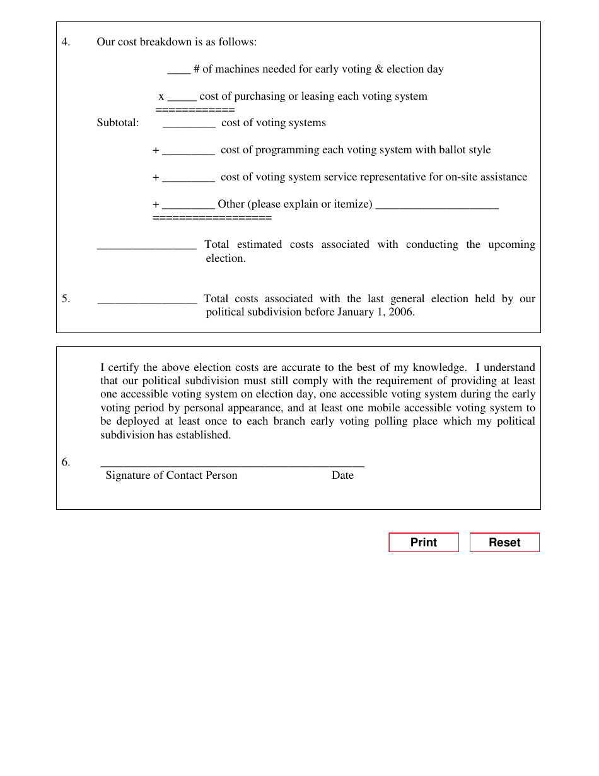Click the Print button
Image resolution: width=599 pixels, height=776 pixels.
click(423, 543)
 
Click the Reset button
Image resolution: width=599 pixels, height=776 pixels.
click(504, 543)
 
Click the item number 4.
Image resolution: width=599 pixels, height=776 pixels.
click(66, 42)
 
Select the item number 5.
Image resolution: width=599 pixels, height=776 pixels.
click(66, 299)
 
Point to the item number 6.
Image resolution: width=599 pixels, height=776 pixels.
click(66, 462)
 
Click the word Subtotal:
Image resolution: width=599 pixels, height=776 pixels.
click(118, 123)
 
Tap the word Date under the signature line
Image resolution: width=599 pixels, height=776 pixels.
click(342, 476)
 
